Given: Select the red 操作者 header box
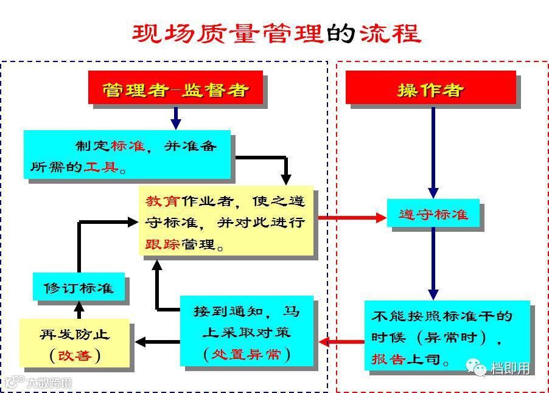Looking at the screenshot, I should click(x=430, y=89).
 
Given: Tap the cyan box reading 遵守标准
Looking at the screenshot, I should click(x=433, y=214).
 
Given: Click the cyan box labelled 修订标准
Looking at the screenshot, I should click(x=79, y=287).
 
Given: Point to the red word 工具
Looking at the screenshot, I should click(x=101, y=166).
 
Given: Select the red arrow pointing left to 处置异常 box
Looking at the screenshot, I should click(x=341, y=341).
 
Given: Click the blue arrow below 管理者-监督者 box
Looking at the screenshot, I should click(x=176, y=117).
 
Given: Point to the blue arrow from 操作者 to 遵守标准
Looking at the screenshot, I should click(x=433, y=152).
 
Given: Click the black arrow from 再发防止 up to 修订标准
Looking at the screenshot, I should click(x=79, y=309).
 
